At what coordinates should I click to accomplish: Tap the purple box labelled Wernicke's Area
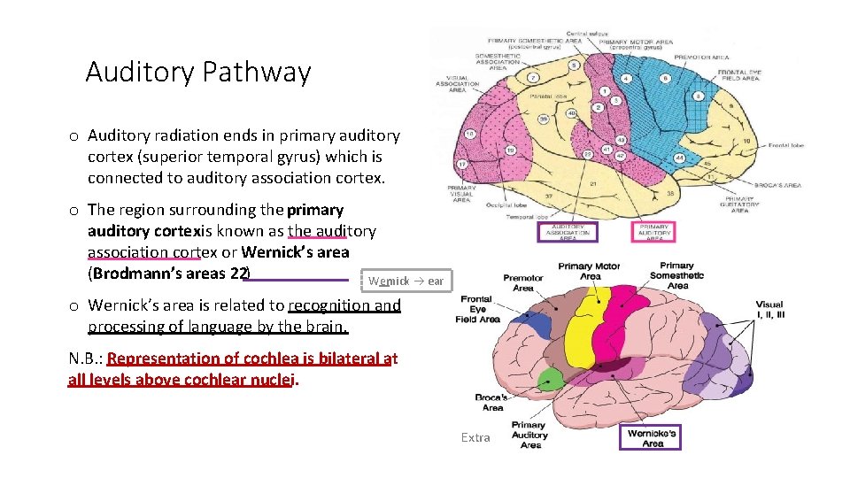[x=652, y=438]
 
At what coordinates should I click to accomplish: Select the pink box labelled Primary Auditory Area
[x=657, y=233]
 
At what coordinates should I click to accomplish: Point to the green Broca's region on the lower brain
[x=551, y=380]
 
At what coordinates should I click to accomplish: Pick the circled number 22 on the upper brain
[x=588, y=155]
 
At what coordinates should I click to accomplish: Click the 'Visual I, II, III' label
[x=769, y=310]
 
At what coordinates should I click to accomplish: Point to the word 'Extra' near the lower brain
[x=475, y=437]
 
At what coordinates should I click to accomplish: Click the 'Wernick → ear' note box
[x=406, y=281]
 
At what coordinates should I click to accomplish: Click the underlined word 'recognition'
[x=322, y=305]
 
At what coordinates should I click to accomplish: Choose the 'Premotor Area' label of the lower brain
[x=522, y=282]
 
